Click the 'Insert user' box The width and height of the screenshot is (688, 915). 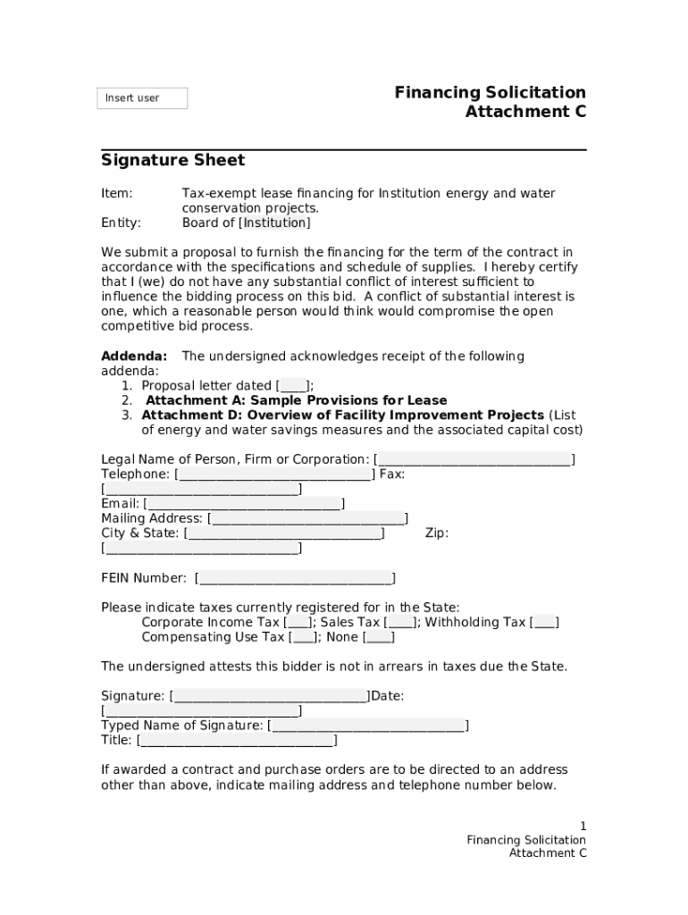(x=142, y=98)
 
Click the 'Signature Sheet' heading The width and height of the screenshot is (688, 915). (x=172, y=161)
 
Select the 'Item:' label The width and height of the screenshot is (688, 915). (x=116, y=194)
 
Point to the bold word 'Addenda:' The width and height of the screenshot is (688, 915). (x=134, y=357)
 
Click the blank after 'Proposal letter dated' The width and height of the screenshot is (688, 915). (x=294, y=386)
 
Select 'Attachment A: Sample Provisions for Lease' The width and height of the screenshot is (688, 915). (x=296, y=400)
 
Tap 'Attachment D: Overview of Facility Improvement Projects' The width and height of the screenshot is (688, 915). (x=343, y=416)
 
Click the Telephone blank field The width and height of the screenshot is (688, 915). (x=274, y=474)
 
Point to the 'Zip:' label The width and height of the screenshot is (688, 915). (x=436, y=533)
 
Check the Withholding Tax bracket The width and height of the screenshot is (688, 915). (x=544, y=623)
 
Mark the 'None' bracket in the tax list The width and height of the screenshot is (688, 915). (x=380, y=638)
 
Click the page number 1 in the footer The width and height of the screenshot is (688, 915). (x=583, y=827)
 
